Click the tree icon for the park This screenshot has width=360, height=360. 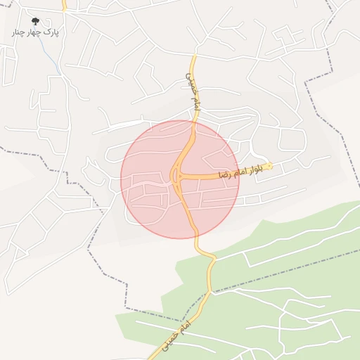coord(36,22)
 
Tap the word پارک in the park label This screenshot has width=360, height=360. coord(51,32)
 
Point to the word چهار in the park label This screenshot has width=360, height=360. coord(35,32)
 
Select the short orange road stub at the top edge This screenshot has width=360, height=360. coord(64,6)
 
